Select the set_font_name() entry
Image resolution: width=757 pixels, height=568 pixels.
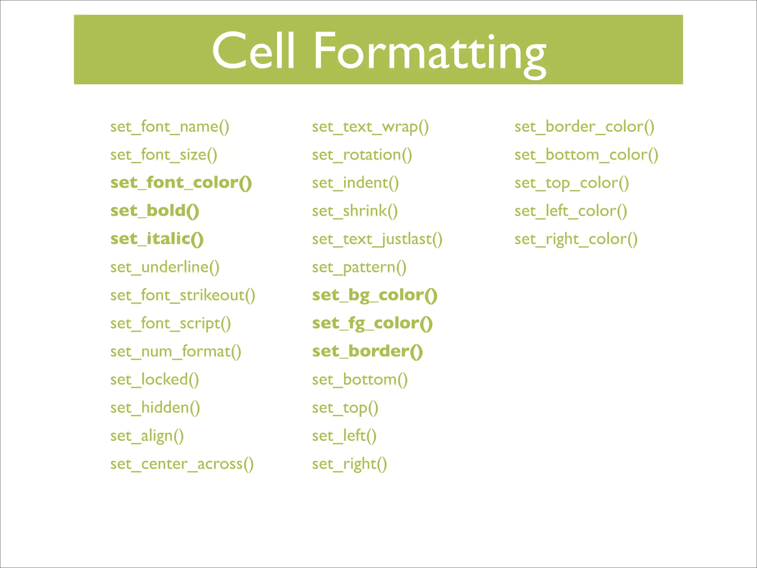(170, 127)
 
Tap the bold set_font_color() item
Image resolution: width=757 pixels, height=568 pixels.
(181, 183)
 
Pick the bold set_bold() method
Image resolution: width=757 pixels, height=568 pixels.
(155, 211)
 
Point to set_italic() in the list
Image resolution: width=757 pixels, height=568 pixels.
(157, 239)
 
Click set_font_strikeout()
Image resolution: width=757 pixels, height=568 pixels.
(183, 295)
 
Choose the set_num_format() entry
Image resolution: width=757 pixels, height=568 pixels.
(176, 352)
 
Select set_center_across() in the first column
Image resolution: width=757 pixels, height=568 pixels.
(182, 464)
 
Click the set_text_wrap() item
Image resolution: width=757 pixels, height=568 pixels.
(370, 127)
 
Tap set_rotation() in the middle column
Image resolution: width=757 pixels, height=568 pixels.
(362, 155)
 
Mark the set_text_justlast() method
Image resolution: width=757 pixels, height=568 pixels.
(377, 239)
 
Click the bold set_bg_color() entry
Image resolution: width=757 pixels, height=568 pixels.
(374, 295)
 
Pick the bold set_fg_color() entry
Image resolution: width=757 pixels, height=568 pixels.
(372, 324)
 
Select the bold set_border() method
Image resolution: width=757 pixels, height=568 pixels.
(367, 351)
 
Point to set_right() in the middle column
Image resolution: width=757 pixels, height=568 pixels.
(349, 464)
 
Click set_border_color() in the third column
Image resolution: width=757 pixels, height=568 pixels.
(584, 127)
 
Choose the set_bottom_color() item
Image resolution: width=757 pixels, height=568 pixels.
(586, 155)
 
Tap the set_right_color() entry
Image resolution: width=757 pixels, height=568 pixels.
(576, 239)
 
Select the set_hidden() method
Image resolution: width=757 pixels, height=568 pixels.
(155, 408)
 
